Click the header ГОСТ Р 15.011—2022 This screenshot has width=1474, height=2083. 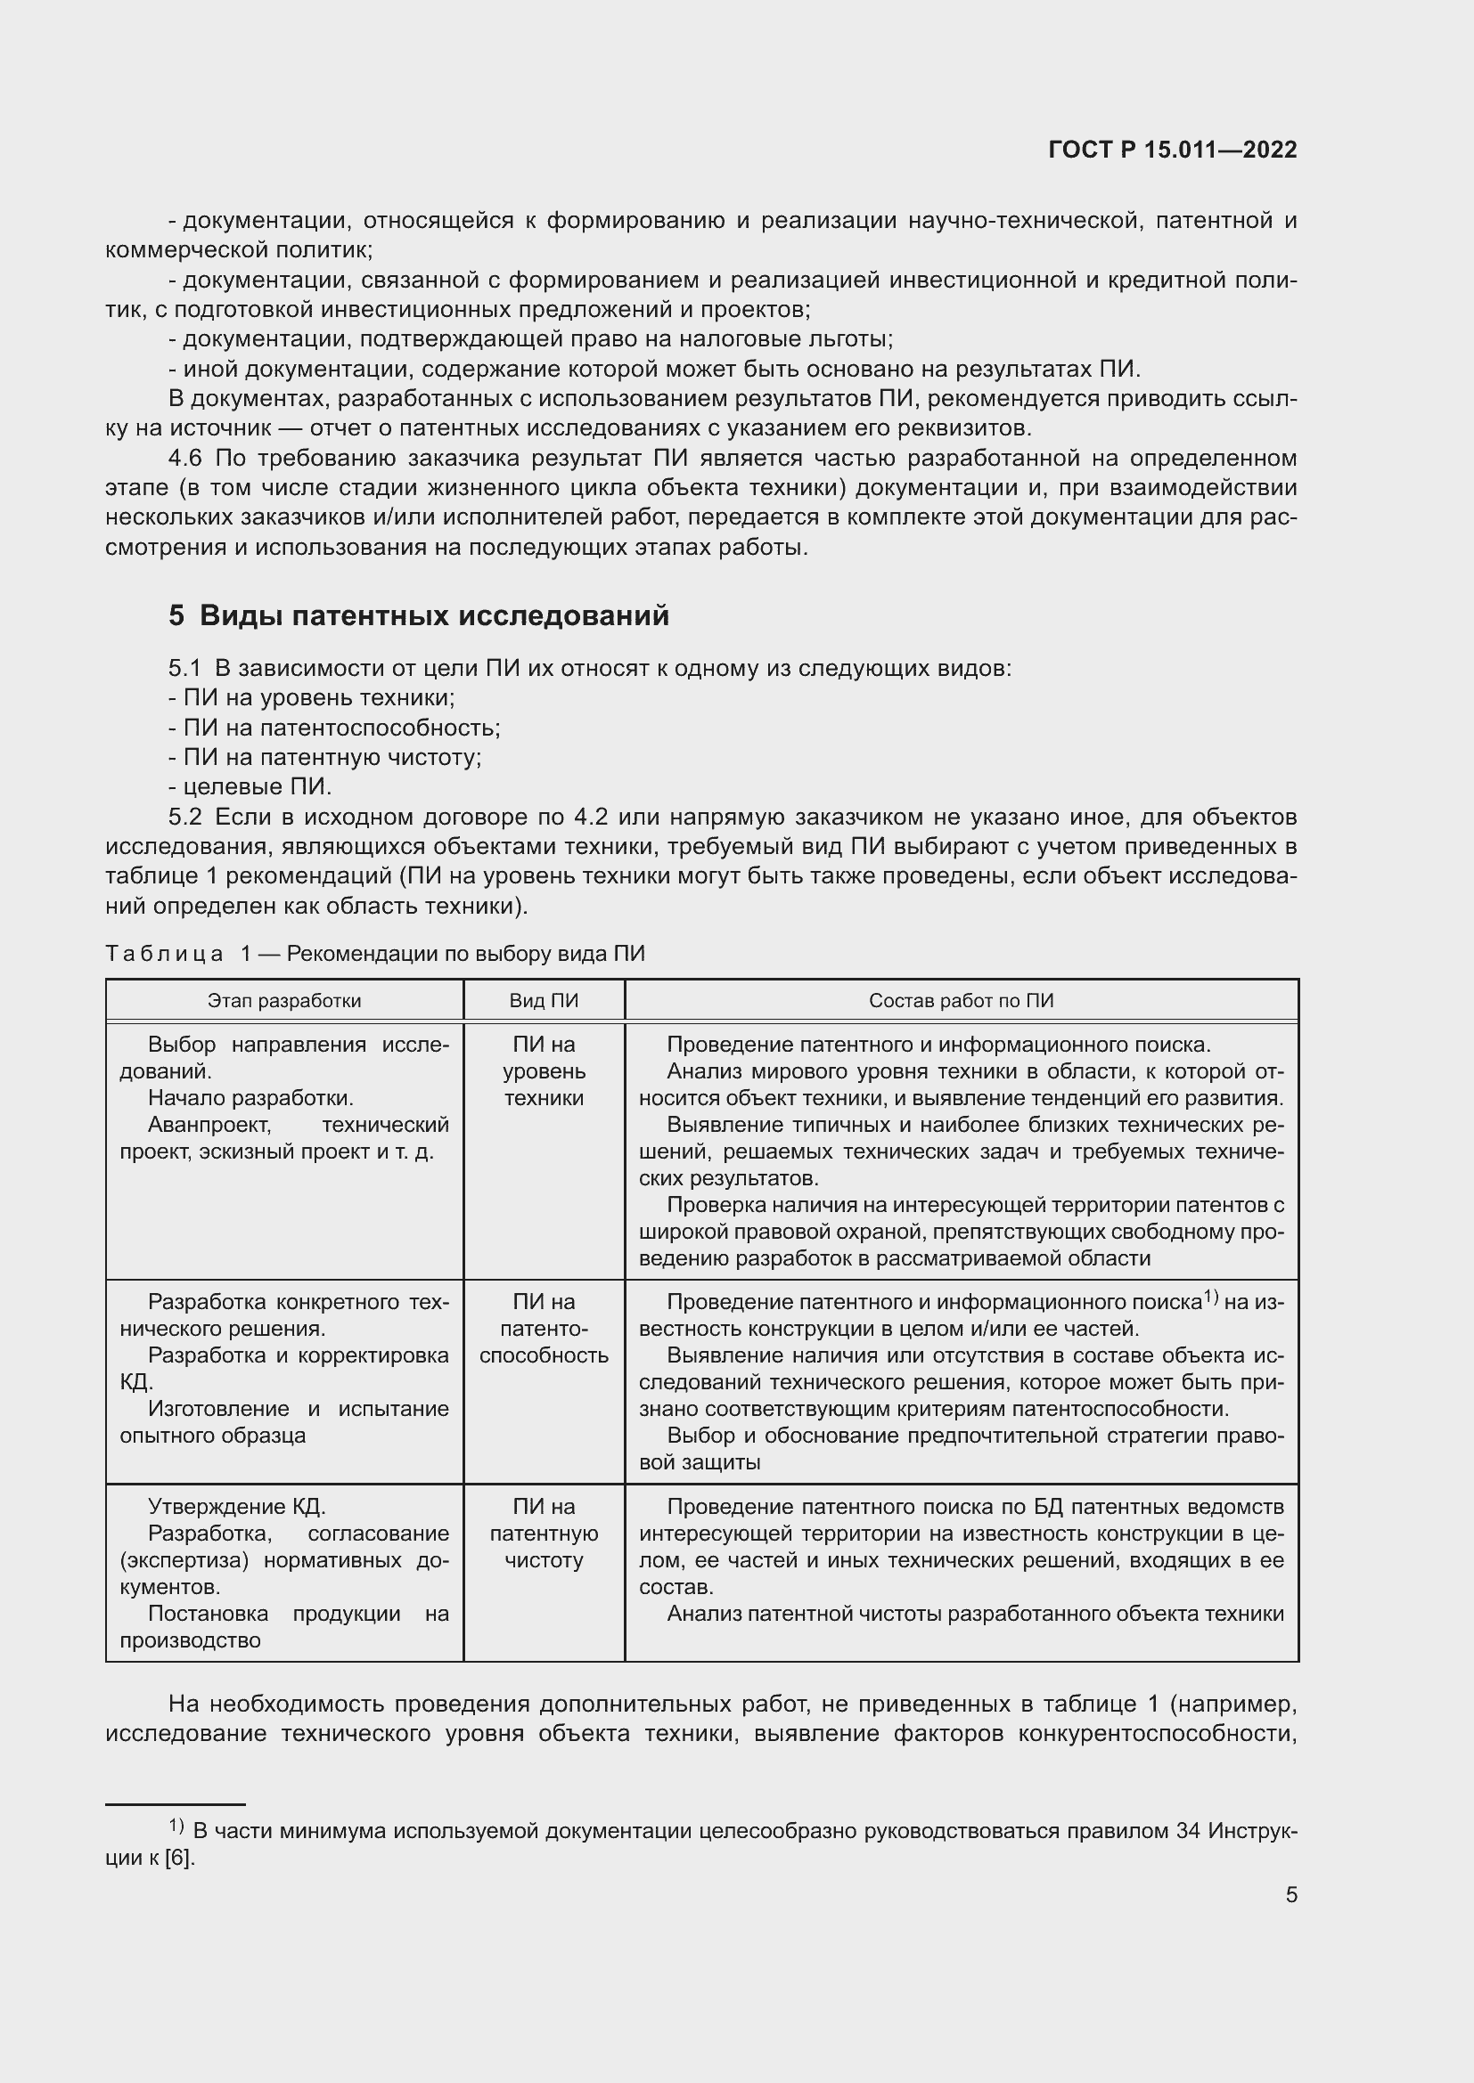(x=1172, y=150)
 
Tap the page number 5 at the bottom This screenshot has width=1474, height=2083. (x=1290, y=1895)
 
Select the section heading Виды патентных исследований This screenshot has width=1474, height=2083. (x=434, y=616)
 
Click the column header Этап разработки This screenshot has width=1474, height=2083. (x=284, y=1001)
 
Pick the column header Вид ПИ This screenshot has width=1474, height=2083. (x=544, y=1001)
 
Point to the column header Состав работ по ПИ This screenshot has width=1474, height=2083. (x=962, y=1001)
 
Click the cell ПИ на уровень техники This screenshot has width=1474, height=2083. (x=544, y=1071)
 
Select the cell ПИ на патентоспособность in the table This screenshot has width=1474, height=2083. (x=544, y=1329)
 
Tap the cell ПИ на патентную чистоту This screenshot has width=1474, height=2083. (x=544, y=1534)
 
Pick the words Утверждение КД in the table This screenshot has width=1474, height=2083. (x=236, y=1507)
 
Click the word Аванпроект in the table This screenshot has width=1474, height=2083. (x=209, y=1125)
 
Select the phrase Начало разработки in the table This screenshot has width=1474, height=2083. (x=250, y=1098)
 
